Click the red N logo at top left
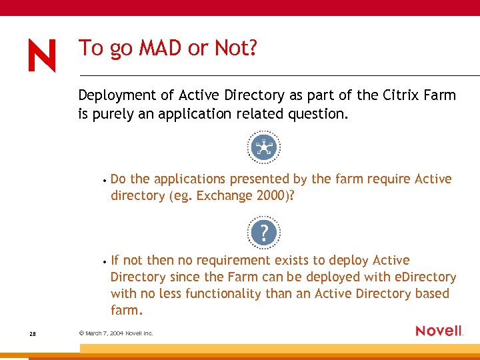(42, 55)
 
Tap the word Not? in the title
(236, 48)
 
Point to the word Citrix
(402, 95)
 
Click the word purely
(112, 113)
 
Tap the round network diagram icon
(264, 147)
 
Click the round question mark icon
(264, 233)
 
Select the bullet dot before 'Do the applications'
(105, 180)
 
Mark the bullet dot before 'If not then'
(105, 261)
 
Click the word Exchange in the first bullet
(225, 195)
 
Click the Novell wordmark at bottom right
(439, 331)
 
